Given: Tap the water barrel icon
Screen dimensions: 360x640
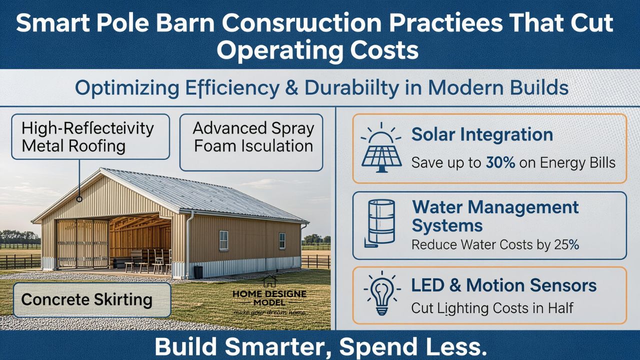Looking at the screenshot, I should coord(381,222).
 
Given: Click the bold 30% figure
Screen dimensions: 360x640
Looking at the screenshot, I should coord(500,163).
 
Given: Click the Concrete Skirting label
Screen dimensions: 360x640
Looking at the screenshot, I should coord(86,299).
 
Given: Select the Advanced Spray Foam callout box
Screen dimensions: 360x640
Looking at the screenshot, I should coord(251,142).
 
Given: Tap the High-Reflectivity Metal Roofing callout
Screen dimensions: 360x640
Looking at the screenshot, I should coord(90,136).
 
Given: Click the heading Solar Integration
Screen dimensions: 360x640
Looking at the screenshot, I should coord(482,135).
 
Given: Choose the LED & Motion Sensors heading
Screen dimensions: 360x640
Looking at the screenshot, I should coord(504,285).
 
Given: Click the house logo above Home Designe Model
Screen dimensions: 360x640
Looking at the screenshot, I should coord(269,281).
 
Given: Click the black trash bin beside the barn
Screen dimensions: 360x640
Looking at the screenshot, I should coord(198,271).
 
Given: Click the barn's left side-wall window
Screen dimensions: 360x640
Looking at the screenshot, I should coord(223,240).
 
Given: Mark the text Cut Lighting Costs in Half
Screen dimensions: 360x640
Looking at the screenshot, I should coord(492,307).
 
